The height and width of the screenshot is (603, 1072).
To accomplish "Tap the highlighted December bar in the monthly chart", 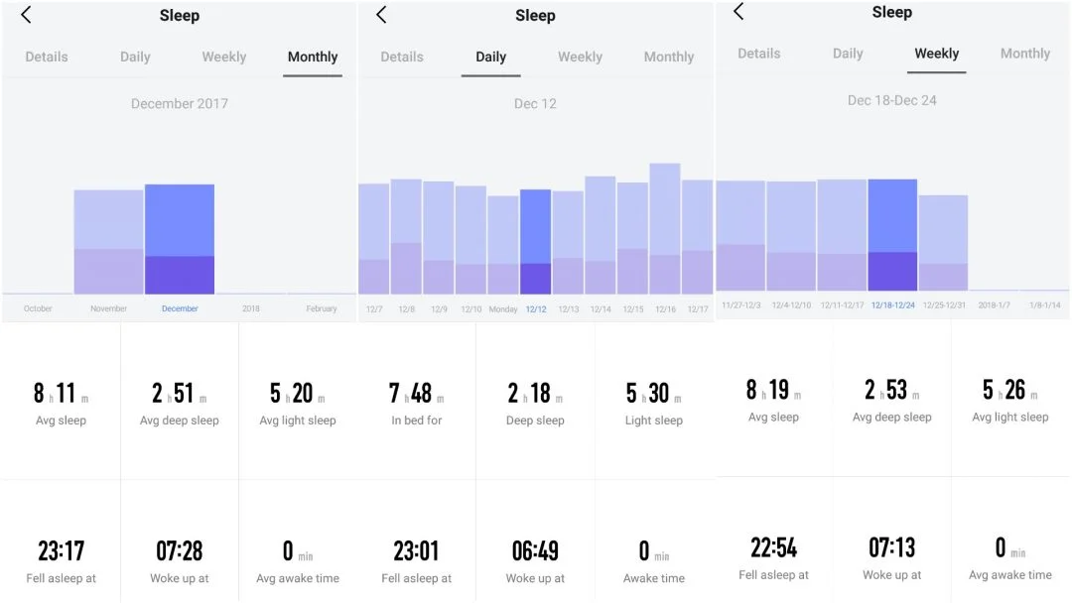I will [180, 239].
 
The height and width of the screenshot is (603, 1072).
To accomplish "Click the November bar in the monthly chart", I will [108, 242].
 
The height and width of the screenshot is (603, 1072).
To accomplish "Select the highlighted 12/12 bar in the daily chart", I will [535, 242].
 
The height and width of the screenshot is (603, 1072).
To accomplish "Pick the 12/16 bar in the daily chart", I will [665, 229].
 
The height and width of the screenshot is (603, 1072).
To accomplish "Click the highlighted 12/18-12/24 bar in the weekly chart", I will [892, 235].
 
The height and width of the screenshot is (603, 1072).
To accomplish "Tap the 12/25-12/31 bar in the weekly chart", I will [943, 243].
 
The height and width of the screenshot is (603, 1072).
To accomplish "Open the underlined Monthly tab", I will [313, 58].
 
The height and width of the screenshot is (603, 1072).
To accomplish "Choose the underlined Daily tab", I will [490, 58].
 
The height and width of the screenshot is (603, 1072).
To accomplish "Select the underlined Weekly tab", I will [936, 54].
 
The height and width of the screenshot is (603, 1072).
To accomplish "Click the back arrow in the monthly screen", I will [27, 15].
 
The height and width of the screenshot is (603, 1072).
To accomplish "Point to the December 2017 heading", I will [180, 103].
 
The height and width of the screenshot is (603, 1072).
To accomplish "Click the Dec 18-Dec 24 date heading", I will [891, 100].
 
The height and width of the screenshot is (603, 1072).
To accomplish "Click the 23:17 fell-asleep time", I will [60, 550].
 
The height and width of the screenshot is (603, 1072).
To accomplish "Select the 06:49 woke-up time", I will [535, 550].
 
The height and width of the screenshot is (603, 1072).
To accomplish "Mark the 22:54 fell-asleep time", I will [773, 547].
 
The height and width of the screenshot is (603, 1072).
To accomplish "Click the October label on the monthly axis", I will [38, 308].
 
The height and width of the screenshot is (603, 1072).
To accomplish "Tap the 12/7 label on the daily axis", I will [374, 309].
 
